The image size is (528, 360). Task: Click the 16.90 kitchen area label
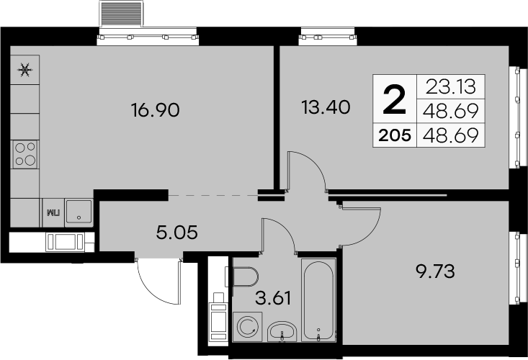(156, 110)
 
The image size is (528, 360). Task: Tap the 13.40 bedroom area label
(326, 107)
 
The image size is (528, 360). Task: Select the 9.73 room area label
(436, 271)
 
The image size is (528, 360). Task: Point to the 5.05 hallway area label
(176, 232)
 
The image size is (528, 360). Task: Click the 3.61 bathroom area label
(273, 298)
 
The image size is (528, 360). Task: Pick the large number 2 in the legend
(395, 99)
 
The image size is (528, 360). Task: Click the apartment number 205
(395, 135)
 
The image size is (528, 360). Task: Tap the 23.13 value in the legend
(450, 87)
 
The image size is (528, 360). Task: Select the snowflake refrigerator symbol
(25, 70)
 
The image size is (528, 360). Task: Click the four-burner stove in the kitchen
(25, 154)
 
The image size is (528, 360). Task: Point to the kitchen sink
(79, 211)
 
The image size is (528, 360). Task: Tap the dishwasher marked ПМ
(53, 213)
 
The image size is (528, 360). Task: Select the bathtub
(318, 300)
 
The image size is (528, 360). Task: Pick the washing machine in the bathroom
(248, 326)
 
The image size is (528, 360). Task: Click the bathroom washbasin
(282, 332)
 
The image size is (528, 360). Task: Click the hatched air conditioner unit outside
(121, 14)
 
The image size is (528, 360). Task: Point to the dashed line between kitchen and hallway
(212, 195)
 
